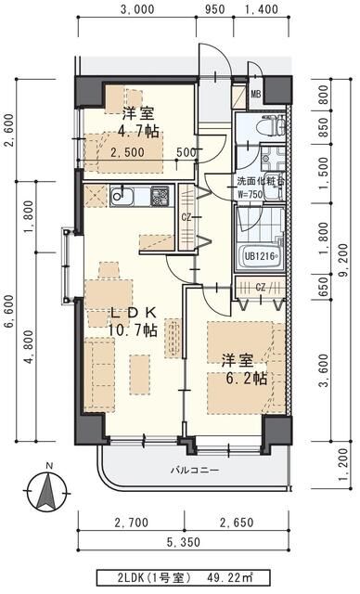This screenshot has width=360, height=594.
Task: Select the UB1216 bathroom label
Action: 261,256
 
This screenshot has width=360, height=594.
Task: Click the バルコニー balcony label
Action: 194,470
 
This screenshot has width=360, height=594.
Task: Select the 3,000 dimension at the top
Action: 136,11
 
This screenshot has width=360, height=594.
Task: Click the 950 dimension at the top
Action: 214,11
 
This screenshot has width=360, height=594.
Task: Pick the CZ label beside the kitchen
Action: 186,217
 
